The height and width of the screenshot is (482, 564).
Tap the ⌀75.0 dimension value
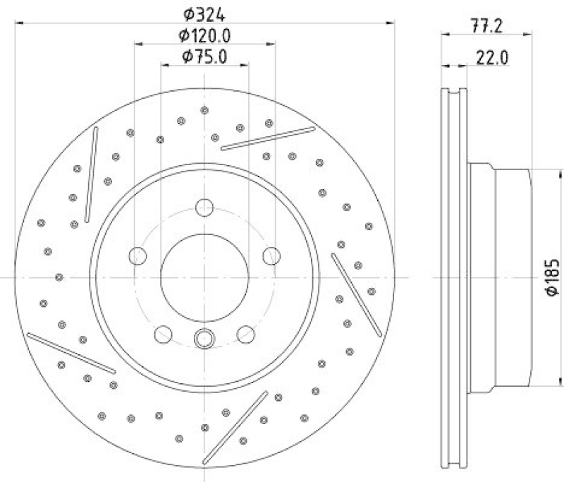pos(204,58)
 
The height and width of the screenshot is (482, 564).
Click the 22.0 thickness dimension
pos(491,59)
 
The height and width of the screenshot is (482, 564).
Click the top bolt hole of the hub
pos(204,207)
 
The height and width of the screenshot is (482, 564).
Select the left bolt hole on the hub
pos(137,255)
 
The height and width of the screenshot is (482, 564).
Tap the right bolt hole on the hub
pos(271,255)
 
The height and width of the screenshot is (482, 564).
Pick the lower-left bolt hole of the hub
pos(163,334)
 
